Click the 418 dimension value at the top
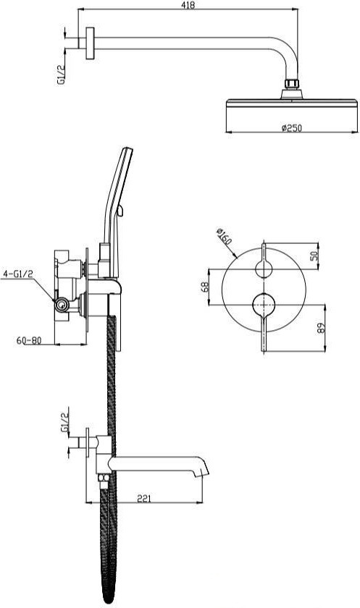188,4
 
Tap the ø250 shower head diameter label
291,127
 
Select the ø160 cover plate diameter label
225,237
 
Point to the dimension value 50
314,256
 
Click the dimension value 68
205,287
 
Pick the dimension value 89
321,329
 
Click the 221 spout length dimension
144,498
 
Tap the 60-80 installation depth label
29,340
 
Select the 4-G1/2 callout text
18,274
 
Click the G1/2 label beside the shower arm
61,75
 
